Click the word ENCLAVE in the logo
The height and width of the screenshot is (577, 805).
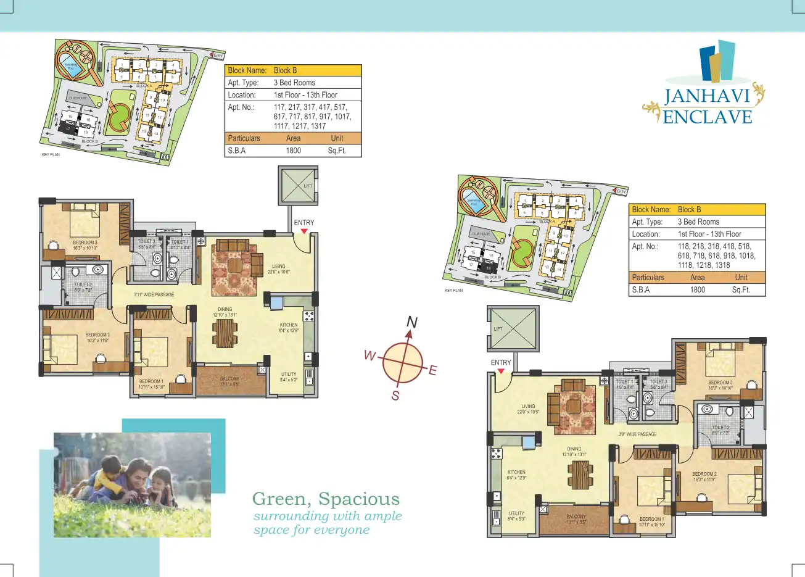(x=708, y=117)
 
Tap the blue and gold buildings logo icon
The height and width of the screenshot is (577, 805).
(x=717, y=61)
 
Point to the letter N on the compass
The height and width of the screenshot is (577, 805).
(x=412, y=322)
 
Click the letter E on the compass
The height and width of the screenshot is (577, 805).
(x=432, y=370)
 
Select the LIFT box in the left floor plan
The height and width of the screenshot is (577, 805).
(x=298, y=185)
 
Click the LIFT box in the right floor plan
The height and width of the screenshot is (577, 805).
(x=513, y=328)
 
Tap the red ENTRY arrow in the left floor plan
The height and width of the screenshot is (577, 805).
(x=303, y=231)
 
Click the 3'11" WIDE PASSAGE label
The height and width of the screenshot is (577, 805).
(x=154, y=295)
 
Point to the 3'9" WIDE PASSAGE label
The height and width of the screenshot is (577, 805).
(x=637, y=434)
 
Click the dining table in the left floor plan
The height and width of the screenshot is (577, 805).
(x=225, y=333)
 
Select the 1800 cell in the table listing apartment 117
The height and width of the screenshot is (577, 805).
(x=294, y=151)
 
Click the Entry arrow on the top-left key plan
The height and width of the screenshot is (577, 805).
(x=217, y=56)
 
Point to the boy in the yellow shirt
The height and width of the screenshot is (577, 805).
(x=108, y=478)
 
